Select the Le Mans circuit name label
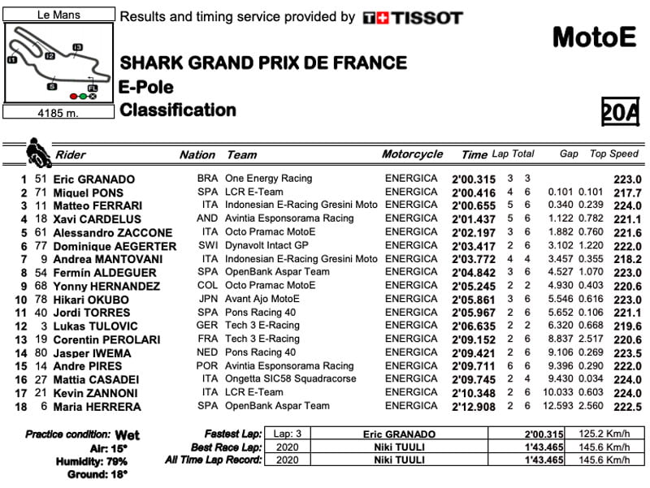(59, 15)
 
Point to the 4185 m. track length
(59, 113)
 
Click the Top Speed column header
(614, 153)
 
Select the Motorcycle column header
(413, 154)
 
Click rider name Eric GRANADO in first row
(94, 179)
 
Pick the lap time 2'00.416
(473, 192)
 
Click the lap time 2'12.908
(473, 406)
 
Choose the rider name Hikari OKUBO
(91, 300)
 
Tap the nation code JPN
(208, 299)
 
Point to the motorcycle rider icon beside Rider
(37, 151)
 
